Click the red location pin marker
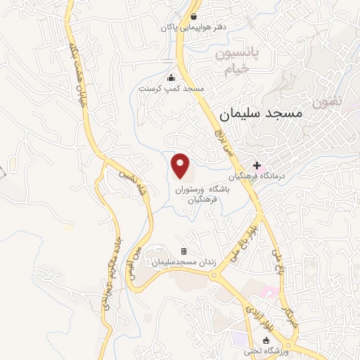point(181,166)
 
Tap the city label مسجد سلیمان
point(260,112)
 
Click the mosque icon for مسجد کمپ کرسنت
point(171,78)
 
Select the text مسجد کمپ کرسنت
point(171,89)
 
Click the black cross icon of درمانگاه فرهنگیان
point(257,165)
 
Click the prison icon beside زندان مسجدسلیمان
point(184,251)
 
